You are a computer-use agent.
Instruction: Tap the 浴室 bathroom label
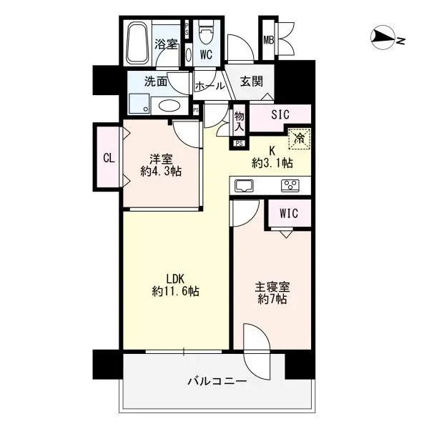[x=166, y=44]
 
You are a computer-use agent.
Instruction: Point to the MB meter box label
[x=270, y=41]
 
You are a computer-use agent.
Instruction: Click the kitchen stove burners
[x=290, y=186]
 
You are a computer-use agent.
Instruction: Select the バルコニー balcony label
[x=219, y=383]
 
